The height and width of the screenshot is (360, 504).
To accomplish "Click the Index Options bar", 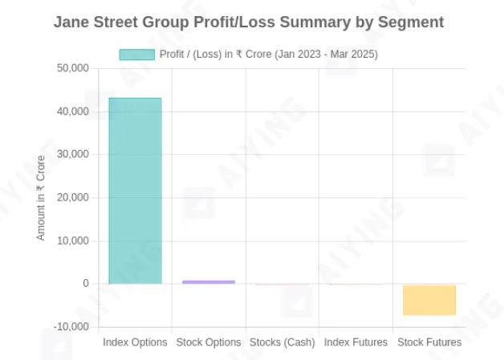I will [x=135, y=191].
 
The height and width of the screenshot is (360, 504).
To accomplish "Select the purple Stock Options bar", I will [x=209, y=281].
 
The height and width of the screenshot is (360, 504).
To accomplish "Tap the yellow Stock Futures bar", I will [x=429, y=299].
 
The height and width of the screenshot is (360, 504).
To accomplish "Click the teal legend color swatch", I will [x=136, y=55].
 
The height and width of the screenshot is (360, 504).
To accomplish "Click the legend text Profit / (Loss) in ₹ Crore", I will [x=269, y=55].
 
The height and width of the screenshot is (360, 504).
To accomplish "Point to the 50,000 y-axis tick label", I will [x=72, y=69].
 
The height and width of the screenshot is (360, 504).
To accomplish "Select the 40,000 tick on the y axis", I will [x=72, y=112].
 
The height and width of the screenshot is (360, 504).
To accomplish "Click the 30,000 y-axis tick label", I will [x=72, y=155].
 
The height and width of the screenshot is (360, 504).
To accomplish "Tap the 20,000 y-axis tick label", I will [x=72, y=198].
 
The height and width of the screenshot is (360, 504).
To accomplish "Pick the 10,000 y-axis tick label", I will [x=72, y=241].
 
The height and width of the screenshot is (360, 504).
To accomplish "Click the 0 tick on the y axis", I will [x=84, y=284].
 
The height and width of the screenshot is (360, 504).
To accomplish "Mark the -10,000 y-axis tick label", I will [x=71, y=327].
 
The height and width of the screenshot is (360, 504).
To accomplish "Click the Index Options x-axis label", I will [x=135, y=342].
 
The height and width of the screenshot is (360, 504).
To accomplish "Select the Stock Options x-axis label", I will [x=209, y=342].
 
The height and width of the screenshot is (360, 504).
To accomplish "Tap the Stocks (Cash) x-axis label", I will [x=282, y=342].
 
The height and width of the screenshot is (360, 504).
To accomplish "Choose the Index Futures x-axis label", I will [x=356, y=342].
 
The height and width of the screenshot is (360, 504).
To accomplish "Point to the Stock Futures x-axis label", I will [x=429, y=342].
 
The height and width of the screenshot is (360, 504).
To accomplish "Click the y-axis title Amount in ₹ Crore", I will [x=41, y=197].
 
